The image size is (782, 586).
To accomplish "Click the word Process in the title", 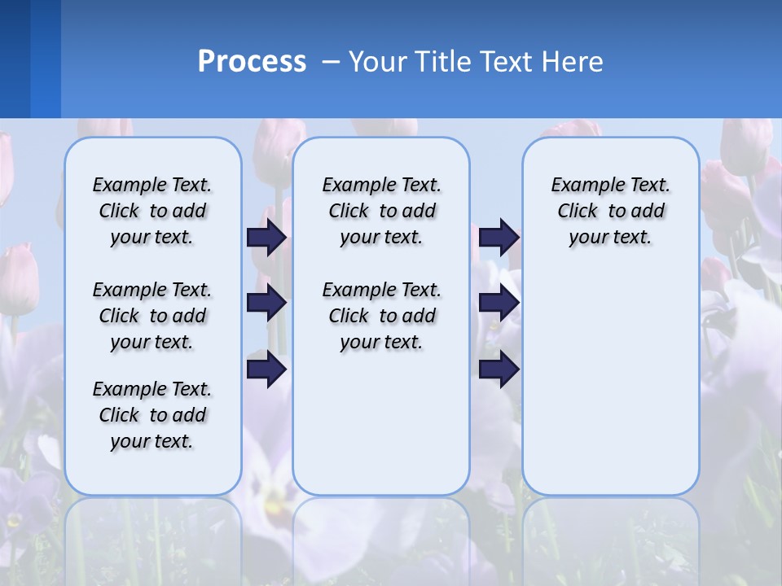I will (252, 62).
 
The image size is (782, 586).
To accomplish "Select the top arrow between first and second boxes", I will (266, 237).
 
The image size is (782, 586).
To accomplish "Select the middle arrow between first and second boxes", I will (266, 303).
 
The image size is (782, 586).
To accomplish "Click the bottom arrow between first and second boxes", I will (266, 369).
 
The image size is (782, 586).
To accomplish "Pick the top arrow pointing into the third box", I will (499, 237).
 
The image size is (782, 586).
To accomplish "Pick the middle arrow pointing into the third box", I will (499, 303).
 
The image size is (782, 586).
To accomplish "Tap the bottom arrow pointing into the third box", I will (499, 369).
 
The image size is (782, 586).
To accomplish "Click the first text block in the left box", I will (152, 211).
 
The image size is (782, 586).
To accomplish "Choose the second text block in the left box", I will (152, 316).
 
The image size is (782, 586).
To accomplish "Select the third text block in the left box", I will (152, 415).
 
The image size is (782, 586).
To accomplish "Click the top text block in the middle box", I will (381, 211).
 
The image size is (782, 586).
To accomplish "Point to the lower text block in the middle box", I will (381, 316).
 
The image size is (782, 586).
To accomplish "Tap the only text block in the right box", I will (610, 211).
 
